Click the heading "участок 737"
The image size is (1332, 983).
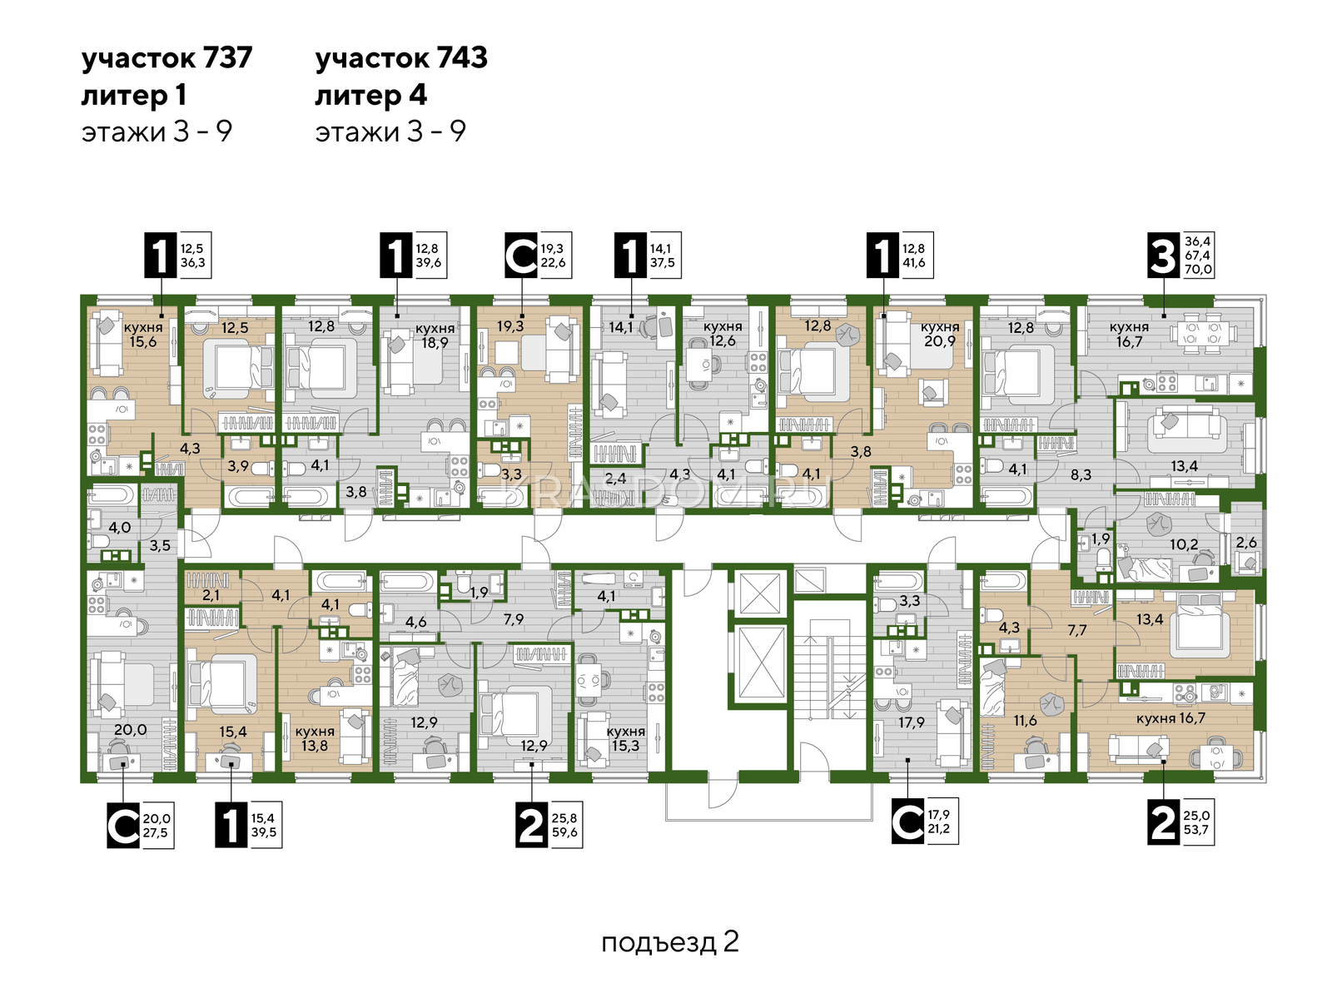tap(167, 59)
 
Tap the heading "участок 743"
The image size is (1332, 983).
tap(401, 59)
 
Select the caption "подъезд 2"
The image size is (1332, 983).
tap(669, 942)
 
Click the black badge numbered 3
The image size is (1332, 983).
tap(1163, 256)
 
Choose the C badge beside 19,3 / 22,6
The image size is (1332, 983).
tap(520, 256)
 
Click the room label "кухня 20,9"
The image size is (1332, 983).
tap(940, 334)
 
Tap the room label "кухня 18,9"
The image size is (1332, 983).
tap(435, 335)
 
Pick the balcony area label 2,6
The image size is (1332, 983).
tap(1247, 542)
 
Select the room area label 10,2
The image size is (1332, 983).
tap(1184, 544)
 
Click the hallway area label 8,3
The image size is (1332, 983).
tap(1081, 474)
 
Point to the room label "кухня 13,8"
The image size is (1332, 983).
tap(315, 738)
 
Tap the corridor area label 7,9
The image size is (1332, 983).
tap(514, 619)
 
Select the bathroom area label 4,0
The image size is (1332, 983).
tap(120, 527)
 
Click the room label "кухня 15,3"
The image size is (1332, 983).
tap(626, 738)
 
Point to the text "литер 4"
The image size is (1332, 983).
tap(371, 96)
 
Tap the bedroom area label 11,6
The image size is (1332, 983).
tap(1025, 719)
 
